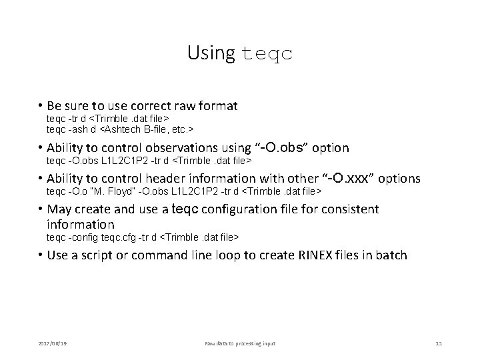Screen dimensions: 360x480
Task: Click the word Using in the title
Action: [x=211, y=53]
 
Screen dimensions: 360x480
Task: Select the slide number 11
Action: [x=438, y=343]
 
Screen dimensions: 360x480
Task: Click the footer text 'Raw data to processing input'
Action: [x=239, y=343]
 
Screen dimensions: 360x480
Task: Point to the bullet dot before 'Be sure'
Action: [x=41, y=106]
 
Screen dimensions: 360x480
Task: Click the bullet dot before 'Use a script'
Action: [x=41, y=256]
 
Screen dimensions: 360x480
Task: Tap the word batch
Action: [x=391, y=255]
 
